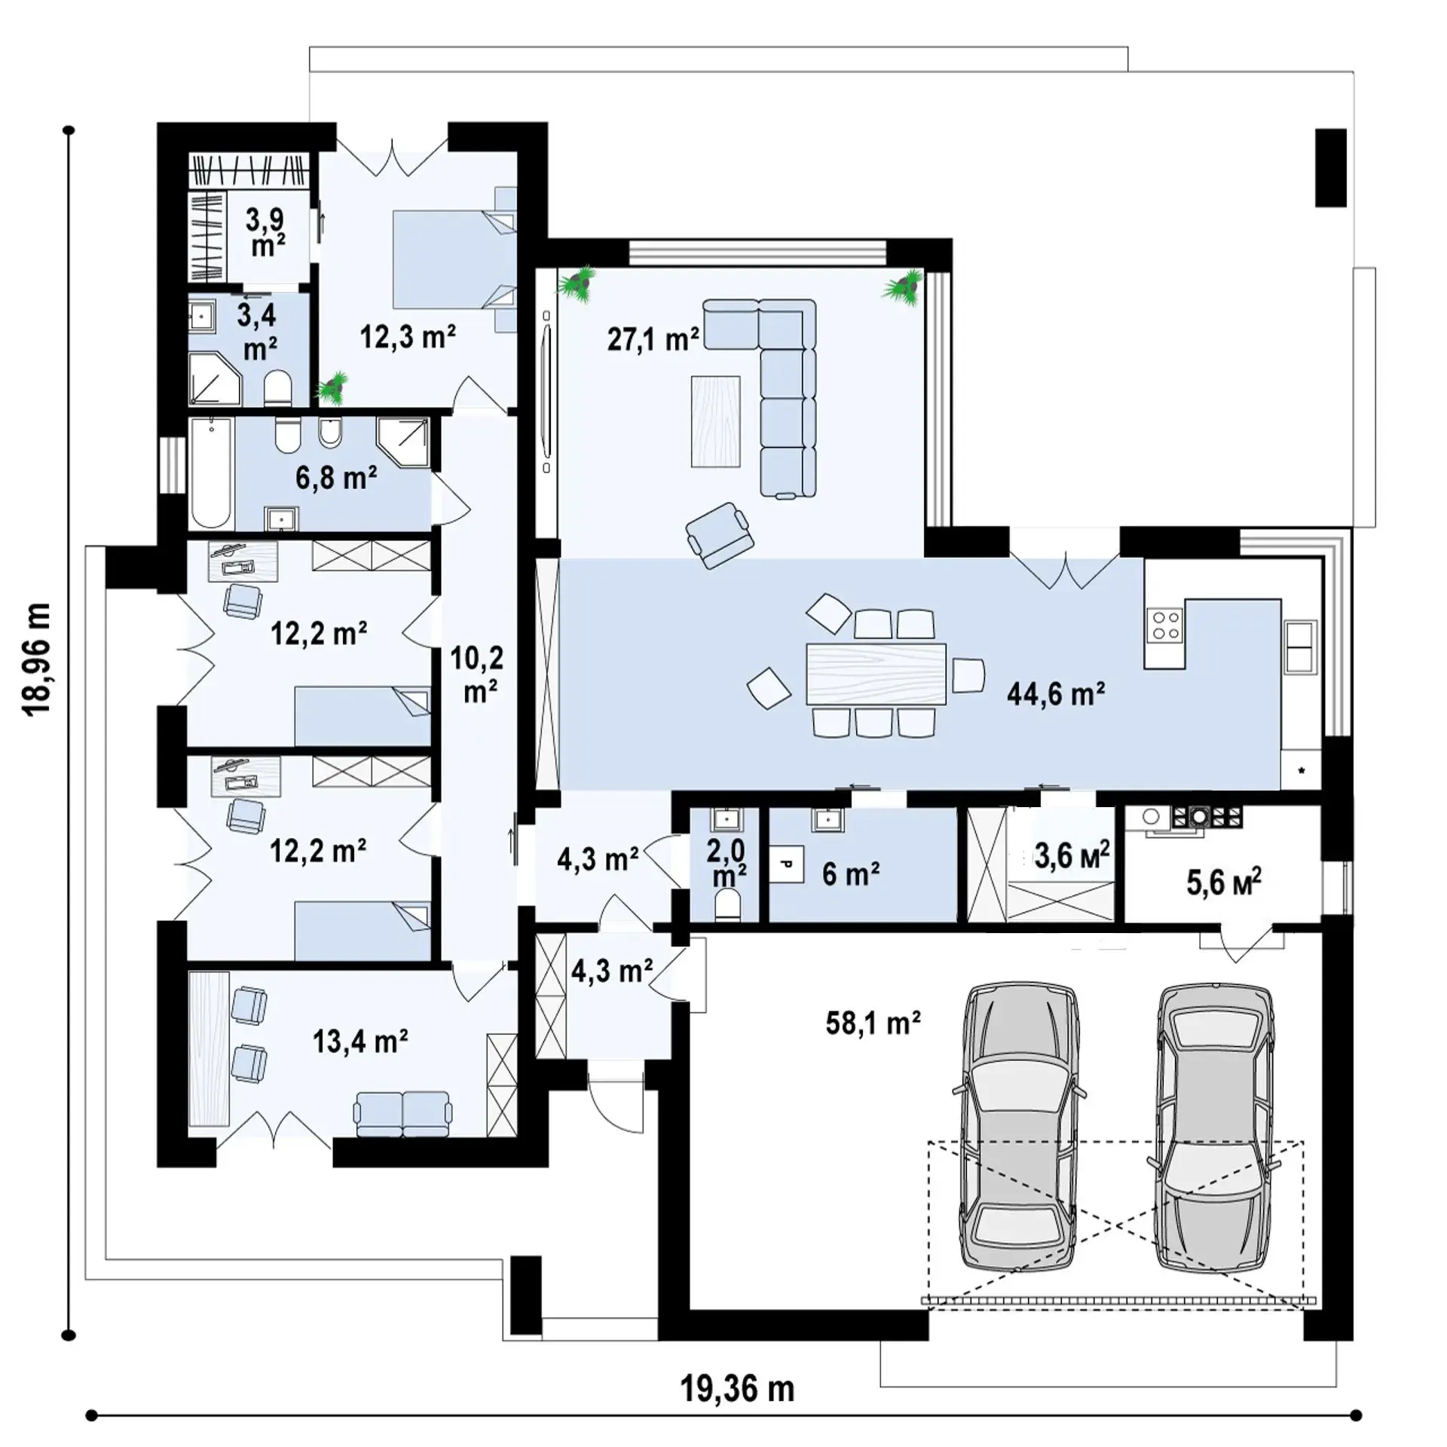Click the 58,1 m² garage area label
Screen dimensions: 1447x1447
(x=873, y=1023)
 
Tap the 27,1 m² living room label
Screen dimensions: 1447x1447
(x=653, y=339)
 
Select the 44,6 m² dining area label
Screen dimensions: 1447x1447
(x=1056, y=693)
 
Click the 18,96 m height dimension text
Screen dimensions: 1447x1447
(x=38, y=659)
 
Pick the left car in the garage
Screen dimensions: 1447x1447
(x=1020, y=1127)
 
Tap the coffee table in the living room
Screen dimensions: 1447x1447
(x=715, y=421)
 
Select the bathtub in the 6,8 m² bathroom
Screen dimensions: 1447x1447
(x=211, y=473)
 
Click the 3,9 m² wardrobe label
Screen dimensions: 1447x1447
(x=265, y=232)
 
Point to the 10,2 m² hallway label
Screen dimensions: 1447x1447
(x=477, y=675)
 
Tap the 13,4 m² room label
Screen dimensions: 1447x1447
(x=360, y=1042)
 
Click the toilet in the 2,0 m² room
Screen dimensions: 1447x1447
(x=728, y=904)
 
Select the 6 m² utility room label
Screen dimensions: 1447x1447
(x=851, y=874)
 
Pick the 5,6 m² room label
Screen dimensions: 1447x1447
(x=1224, y=882)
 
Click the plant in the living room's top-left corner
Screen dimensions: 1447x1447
(x=577, y=284)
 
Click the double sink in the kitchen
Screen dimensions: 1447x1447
(x=1300, y=646)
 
